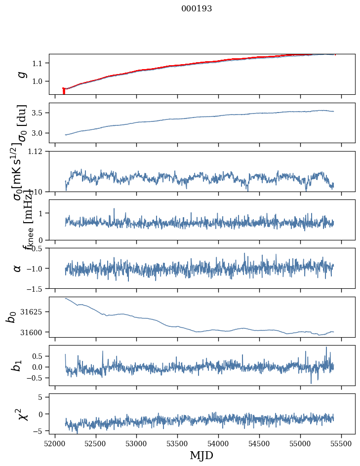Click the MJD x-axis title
point(201,455)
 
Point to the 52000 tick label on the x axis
point(55,443)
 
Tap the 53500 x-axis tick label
point(178,443)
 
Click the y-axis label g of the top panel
point(21,74)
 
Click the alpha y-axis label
point(18,268)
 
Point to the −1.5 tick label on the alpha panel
point(36,288)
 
